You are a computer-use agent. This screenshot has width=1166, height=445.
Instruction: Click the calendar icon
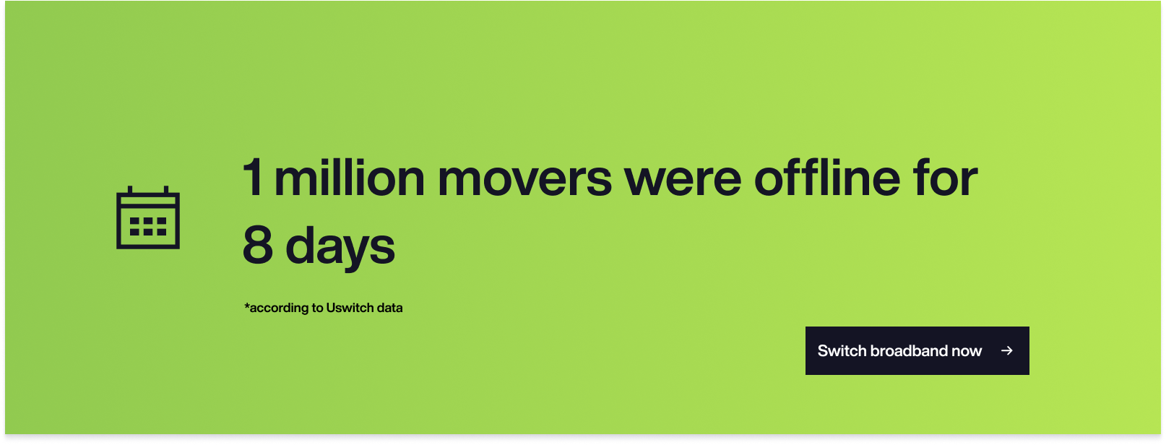pyautogui.click(x=148, y=217)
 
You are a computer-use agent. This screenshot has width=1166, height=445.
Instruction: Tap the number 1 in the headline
pyautogui.click(x=253, y=178)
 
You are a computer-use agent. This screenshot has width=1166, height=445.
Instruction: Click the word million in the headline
pyautogui.click(x=349, y=177)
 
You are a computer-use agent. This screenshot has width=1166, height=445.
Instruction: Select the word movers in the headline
pyautogui.click(x=524, y=181)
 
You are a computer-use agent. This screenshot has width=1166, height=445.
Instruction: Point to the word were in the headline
pyautogui.click(x=683, y=181)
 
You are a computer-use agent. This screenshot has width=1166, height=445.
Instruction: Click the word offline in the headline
pyautogui.click(x=827, y=177)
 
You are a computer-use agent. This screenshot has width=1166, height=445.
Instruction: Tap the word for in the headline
pyautogui.click(x=945, y=177)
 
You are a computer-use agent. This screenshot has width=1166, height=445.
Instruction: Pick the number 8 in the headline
pyautogui.click(x=258, y=245)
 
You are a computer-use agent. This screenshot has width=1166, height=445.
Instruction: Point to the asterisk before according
pyautogui.click(x=247, y=305)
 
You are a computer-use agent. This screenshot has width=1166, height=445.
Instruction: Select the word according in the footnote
pyautogui.click(x=280, y=308)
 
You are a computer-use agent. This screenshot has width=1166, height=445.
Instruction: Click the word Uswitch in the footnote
pyautogui.click(x=350, y=308)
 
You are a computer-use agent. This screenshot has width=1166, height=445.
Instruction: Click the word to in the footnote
pyautogui.click(x=318, y=308)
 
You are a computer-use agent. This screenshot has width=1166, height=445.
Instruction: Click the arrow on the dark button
pyautogui.click(x=1007, y=351)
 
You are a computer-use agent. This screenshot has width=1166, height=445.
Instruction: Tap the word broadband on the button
pyautogui.click(x=909, y=351)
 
